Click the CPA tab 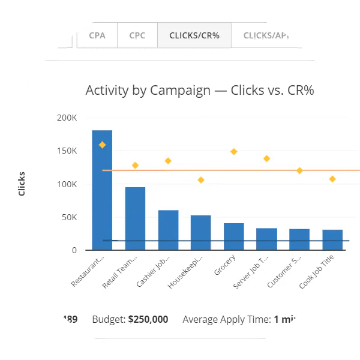97,35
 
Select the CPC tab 137,35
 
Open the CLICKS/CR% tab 194,35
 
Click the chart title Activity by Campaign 200,91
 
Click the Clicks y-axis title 22,184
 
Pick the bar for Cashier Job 168,230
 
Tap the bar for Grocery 233,236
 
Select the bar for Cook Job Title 332,239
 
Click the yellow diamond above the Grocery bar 233,151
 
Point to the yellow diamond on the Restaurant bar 103,145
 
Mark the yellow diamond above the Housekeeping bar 201,180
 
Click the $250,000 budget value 148,319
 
